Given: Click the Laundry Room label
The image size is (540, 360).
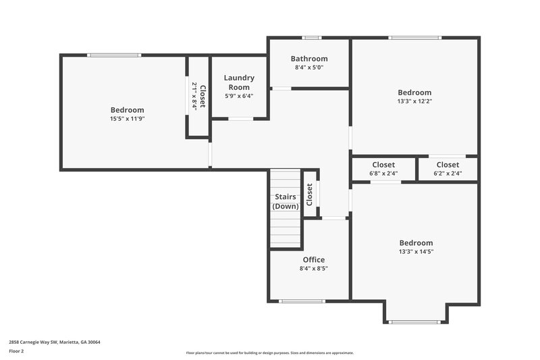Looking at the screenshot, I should coord(239,82).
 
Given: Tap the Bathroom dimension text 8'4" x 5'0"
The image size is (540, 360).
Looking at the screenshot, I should coord(309,68).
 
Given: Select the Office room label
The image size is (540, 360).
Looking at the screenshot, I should coord(313,259).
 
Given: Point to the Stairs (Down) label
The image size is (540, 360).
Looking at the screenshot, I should coord(286,201).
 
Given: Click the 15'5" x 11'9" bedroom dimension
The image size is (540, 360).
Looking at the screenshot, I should coord(127,119).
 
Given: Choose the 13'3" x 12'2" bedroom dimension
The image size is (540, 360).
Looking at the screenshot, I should coord(414,101).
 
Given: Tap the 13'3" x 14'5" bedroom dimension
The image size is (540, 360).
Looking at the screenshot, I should coord(416,252).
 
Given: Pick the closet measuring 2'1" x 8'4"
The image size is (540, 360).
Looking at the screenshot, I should coord(198,96).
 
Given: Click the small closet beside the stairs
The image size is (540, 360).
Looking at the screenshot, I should coord(310,195).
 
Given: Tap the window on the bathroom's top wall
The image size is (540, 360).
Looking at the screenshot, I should coord(311,38).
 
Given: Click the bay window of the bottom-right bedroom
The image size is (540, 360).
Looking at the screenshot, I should coord(415,322).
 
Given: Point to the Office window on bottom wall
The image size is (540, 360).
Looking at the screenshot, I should coord(302,301).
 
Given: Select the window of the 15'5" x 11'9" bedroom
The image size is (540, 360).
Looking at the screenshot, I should coord(114,55).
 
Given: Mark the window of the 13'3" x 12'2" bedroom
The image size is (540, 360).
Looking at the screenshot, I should coord(415,38).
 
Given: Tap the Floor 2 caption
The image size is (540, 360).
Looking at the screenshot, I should coord(16,351).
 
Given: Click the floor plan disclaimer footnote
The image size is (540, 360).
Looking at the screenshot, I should coord(269,353).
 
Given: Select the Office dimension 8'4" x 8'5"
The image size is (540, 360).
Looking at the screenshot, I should coord(313,268).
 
